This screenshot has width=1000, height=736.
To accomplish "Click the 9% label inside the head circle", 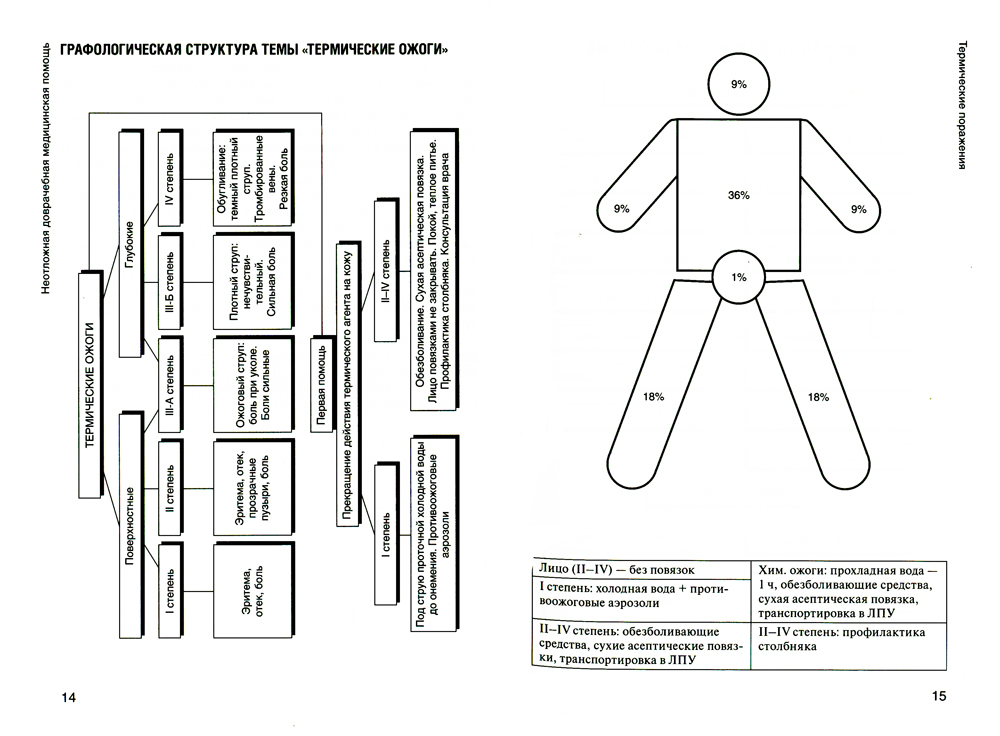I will [738, 85].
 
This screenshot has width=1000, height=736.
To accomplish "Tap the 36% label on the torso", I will [739, 195].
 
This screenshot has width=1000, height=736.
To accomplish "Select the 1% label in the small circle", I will [738, 277].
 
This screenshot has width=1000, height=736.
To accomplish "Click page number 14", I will [69, 697].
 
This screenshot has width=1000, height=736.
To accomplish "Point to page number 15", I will [937, 697].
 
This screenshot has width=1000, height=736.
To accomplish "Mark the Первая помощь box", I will [322, 386].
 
